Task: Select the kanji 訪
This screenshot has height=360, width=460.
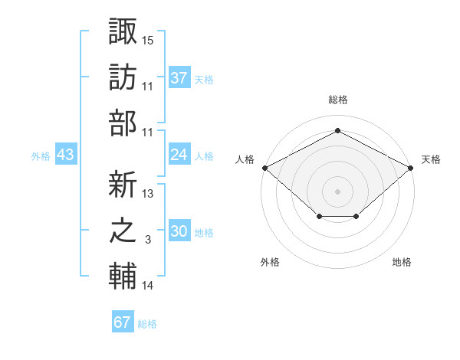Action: pyautogui.click(x=123, y=77)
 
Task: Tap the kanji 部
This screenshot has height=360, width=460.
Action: pyautogui.click(x=123, y=123)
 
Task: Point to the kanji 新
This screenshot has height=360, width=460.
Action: pyautogui.click(x=123, y=184)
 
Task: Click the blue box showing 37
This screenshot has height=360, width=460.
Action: pyautogui.click(x=179, y=77)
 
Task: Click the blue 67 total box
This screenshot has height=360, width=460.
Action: pyautogui.click(x=123, y=322)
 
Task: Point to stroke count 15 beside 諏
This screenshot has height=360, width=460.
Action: pyautogui.click(x=148, y=39)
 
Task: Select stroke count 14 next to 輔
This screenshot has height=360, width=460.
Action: pyautogui.click(x=148, y=286)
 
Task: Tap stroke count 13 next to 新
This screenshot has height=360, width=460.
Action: pyautogui.click(x=148, y=194)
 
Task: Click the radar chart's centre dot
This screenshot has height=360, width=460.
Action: pyautogui.click(x=337, y=191)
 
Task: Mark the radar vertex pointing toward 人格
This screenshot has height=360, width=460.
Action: pyautogui.click(x=264, y=167)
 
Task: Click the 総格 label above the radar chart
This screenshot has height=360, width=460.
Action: pyautogui.click(x=337, y=100)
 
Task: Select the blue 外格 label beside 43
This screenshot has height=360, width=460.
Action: pyautogui.click(x=41, y=156)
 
